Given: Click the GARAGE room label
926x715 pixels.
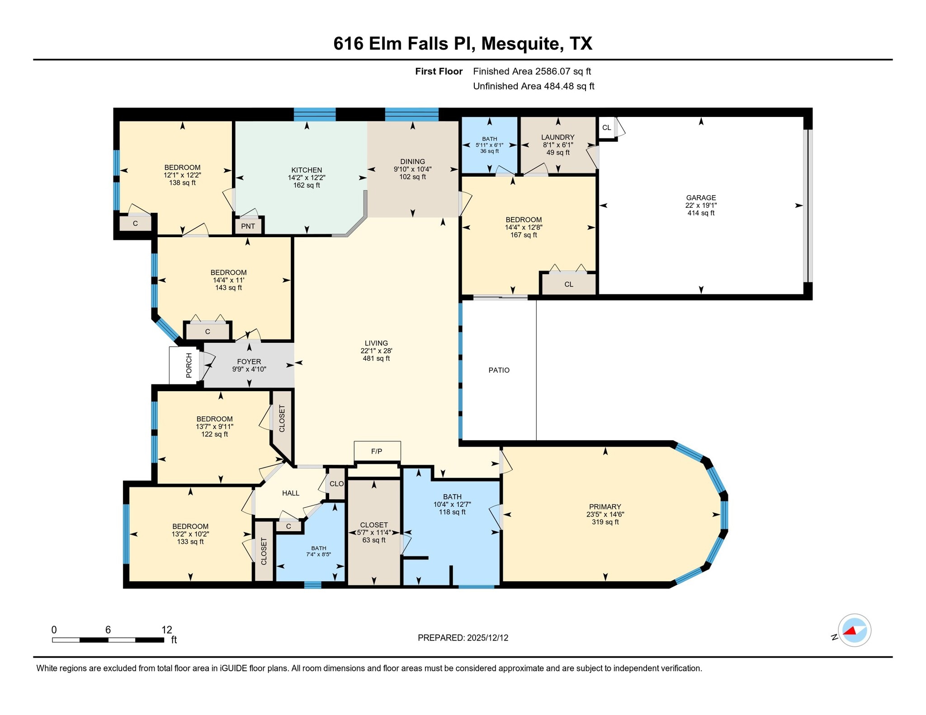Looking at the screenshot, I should click(700, 197).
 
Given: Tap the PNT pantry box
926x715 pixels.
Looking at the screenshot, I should click(248, 226).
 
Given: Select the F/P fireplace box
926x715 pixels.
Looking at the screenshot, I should click(377, 451).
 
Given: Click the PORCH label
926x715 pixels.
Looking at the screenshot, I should click(189, 365).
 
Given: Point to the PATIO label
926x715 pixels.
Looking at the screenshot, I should click(499, 370).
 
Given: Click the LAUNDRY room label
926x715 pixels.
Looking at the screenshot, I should click(557, 137).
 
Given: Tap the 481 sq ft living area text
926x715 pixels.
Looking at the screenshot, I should click(376, 359).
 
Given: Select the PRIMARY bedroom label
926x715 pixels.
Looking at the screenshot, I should click(605, 506).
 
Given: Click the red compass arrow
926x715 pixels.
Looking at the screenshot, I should click(850, 631).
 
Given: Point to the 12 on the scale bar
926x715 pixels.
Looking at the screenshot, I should click(166, 630).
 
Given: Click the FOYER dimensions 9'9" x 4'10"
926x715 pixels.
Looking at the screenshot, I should click(249, 369).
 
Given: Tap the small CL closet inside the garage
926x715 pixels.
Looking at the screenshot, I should click(606, 127).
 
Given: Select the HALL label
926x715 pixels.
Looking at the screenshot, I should click(290, 493).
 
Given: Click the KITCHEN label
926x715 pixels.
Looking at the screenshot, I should click(307, 170).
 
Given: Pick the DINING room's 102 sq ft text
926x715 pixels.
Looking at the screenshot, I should click(412, 177).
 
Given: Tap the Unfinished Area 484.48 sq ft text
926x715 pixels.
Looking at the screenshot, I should click(533, 86).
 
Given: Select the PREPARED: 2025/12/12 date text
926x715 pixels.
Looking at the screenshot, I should click(463, 638).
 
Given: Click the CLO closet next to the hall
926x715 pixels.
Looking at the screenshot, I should click(336, 484).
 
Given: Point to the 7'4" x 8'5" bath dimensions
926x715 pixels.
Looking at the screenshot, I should click(319, 554).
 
